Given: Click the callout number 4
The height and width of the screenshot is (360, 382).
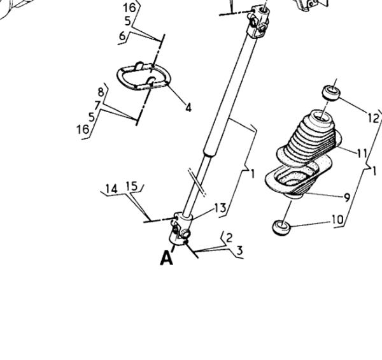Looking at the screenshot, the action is pos(188,107).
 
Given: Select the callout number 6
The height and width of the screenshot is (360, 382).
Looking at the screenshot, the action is pos(122,36).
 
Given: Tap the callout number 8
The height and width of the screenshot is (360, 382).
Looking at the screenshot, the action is pos(101,92).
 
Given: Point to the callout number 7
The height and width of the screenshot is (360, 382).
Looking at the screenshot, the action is pos(97,106).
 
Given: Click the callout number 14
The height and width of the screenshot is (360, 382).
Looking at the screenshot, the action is pos(111,189).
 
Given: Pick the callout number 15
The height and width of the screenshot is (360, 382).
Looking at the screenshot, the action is pos(132,186).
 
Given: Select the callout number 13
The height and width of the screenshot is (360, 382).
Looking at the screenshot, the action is pos(220,208).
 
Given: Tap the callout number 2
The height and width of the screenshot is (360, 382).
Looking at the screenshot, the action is pos(229,238).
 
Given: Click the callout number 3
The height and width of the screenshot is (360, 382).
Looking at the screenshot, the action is pos(240,250).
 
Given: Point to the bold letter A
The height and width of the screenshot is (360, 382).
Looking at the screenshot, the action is pos(167,258).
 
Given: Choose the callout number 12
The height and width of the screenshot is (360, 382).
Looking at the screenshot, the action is pos(374,119).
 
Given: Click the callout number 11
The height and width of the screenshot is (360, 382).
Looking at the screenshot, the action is pos(362,154).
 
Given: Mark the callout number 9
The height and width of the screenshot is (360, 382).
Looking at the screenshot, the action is pos(347,198).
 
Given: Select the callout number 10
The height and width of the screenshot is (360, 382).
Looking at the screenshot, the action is pos(337,220).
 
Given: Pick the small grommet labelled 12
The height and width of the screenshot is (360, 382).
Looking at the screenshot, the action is pos(331,93).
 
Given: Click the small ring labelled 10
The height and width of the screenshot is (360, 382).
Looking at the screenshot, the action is pos(281,227).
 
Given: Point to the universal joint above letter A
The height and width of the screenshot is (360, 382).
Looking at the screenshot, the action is pos(181,229).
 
